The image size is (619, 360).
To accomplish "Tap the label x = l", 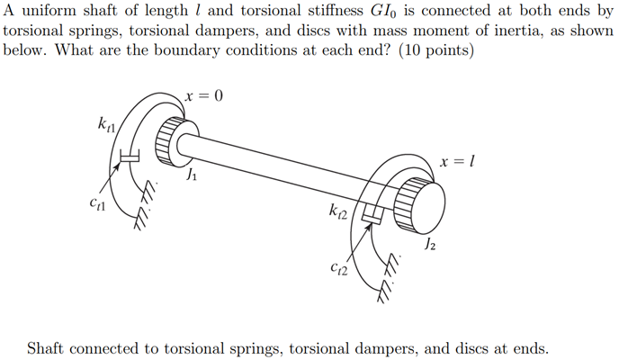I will pyautogui.click(x=457, y=162).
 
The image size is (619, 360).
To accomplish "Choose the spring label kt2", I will pyautogui.click(x=341, y=212).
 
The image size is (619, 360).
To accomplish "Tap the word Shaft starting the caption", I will pyautogui.click(x=49, y=347).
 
